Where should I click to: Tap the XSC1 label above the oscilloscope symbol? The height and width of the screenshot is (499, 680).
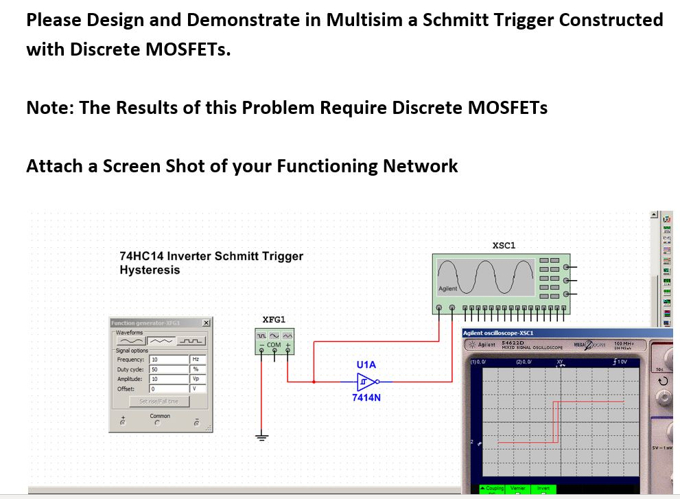(x=504, y=245)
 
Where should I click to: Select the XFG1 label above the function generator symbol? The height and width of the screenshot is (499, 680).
(x=274, y=319)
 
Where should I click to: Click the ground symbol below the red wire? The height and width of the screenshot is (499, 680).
(x=261, y=437)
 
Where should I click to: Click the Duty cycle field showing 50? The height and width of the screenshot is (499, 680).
(x=168, y=369)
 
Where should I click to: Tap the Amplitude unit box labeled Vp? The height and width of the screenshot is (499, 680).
(x=199, y=379)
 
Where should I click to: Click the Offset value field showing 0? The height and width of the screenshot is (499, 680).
(x=168, y=388)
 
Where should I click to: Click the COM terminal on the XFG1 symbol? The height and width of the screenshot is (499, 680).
(x=274, y=345)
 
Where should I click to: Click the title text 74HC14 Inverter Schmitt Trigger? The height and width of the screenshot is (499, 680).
(x=211, y=257)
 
